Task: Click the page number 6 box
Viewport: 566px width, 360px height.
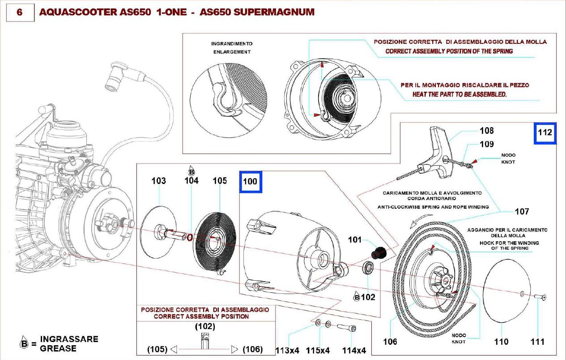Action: [19, 12]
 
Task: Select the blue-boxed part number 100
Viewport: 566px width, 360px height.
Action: [251, 181]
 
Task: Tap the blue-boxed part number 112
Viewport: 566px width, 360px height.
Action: [545, 133]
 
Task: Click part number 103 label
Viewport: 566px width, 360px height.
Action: [158, 181]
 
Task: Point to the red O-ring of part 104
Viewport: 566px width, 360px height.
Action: [190, 236]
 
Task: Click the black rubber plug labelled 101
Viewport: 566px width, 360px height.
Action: [379, 253]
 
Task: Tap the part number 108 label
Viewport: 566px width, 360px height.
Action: [486, 131]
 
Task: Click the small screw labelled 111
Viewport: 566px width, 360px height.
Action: [540, 297]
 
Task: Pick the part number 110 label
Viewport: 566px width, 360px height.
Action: [501, 342]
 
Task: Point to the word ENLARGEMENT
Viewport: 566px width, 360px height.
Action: [231, 52]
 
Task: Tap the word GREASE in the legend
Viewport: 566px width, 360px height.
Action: [58, 348]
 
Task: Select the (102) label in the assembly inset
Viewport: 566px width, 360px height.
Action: [205, 326]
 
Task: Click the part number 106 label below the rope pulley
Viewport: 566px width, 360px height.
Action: [390, 342]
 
